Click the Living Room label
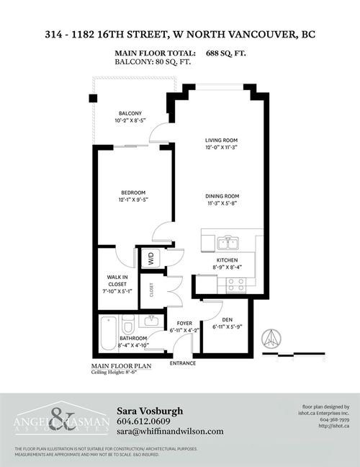coord(221,140)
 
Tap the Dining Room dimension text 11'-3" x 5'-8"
coord(221,203)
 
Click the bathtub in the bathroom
coord(109,332)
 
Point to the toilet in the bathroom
coord(128,324)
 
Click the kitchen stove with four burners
coord(237,284)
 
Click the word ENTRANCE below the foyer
coord(183,363)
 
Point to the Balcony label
coord(130,112)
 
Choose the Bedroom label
coord(133,192)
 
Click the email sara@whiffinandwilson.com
coord(170,431)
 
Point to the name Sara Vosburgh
coord(149,411)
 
